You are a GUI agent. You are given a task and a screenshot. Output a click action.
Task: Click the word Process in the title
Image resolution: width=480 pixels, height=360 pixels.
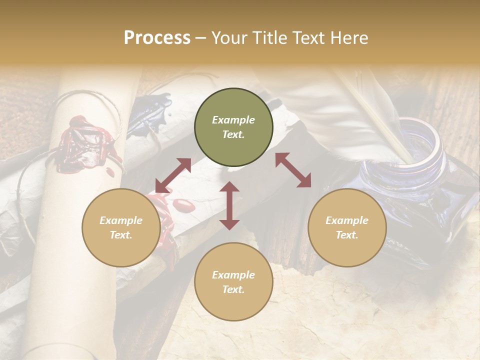pos(157,38)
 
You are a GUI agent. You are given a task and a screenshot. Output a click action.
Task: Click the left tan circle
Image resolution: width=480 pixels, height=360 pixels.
pos(121,227)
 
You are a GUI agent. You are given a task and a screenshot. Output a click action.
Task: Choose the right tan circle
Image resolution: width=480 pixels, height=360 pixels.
pos(347,227)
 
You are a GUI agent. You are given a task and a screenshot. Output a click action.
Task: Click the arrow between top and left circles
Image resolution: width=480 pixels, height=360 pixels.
pos(173,175)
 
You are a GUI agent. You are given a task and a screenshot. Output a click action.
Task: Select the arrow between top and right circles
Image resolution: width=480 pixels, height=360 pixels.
pos(293,170)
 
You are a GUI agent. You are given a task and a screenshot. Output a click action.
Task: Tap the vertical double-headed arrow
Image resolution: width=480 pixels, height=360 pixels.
pos(229,205)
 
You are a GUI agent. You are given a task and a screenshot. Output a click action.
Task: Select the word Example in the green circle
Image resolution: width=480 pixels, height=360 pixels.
pos(233,120)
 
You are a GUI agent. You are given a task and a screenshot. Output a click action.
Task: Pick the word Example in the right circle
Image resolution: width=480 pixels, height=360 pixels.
pos(347,220)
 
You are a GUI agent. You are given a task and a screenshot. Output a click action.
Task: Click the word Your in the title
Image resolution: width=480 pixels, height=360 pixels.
pos(228,38)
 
